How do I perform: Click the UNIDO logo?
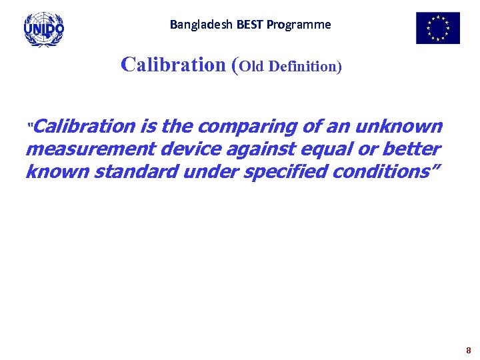(x=44, y=29)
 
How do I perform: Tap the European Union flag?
(x=437, y=28)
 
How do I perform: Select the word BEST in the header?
(x=247, y=25)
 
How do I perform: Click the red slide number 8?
(x=468, y=350)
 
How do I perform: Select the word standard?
(x=135, y=171)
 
